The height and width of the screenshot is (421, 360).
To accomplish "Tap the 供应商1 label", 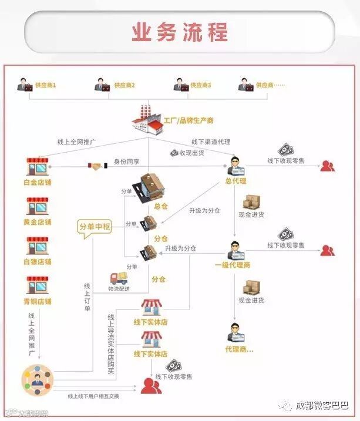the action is point(45,85).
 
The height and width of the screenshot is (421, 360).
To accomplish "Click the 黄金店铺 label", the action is point(38,222).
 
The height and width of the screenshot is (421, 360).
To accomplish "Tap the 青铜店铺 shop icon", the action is point(38,286).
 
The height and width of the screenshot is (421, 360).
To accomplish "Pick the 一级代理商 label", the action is point(233,265).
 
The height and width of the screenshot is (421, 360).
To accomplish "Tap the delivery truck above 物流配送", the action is point(119,278).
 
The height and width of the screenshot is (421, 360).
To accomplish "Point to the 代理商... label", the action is point(239,349).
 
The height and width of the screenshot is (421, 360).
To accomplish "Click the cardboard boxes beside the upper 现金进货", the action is point(251,202).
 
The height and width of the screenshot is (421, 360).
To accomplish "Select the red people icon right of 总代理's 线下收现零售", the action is point(327,166).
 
